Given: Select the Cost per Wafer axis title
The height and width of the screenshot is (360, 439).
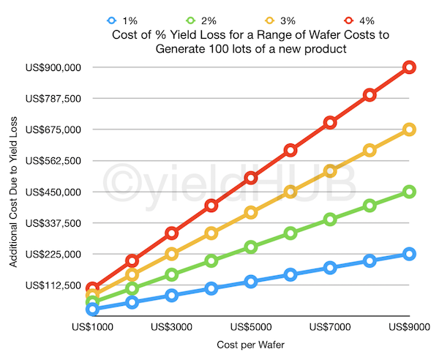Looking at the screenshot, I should [250, 344].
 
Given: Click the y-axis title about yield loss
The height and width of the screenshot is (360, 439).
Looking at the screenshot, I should [14, 192].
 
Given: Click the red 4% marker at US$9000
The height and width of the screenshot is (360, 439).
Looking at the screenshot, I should [409, 67].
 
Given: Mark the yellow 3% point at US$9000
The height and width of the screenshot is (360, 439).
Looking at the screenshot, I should [409, 130].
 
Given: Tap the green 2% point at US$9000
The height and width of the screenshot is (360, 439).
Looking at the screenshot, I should [409, 192].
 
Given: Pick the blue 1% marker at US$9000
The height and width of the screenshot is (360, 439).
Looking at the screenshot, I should [409, 254].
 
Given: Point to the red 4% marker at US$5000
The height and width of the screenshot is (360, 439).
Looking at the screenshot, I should [251, 178].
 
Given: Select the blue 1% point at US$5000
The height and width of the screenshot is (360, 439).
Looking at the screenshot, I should [251, 282].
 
